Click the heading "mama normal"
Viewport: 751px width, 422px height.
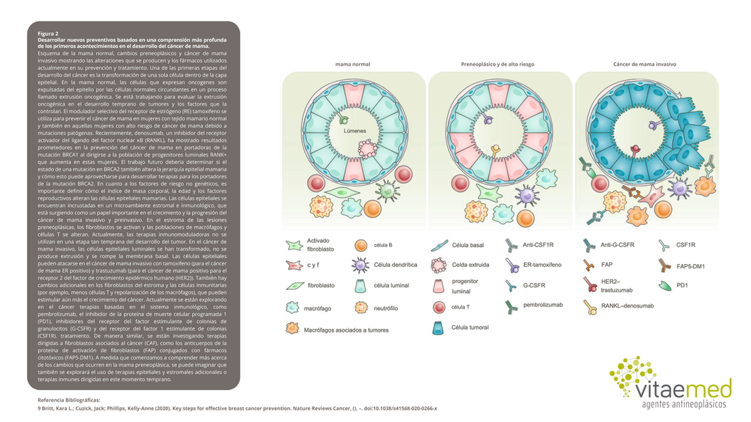(352, 64)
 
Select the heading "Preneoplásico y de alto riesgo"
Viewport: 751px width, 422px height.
(497, 64)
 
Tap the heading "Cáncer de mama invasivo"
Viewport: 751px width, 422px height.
(645, 64)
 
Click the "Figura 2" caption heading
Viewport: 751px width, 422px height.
(48, 33)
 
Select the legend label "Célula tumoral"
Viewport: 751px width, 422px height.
(470, 328)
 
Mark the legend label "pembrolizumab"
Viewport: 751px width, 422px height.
(543, 305)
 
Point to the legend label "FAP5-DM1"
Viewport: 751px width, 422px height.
(690, 266)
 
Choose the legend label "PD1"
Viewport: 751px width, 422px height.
(681, 285)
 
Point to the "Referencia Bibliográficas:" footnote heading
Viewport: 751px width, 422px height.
(69, 400)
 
